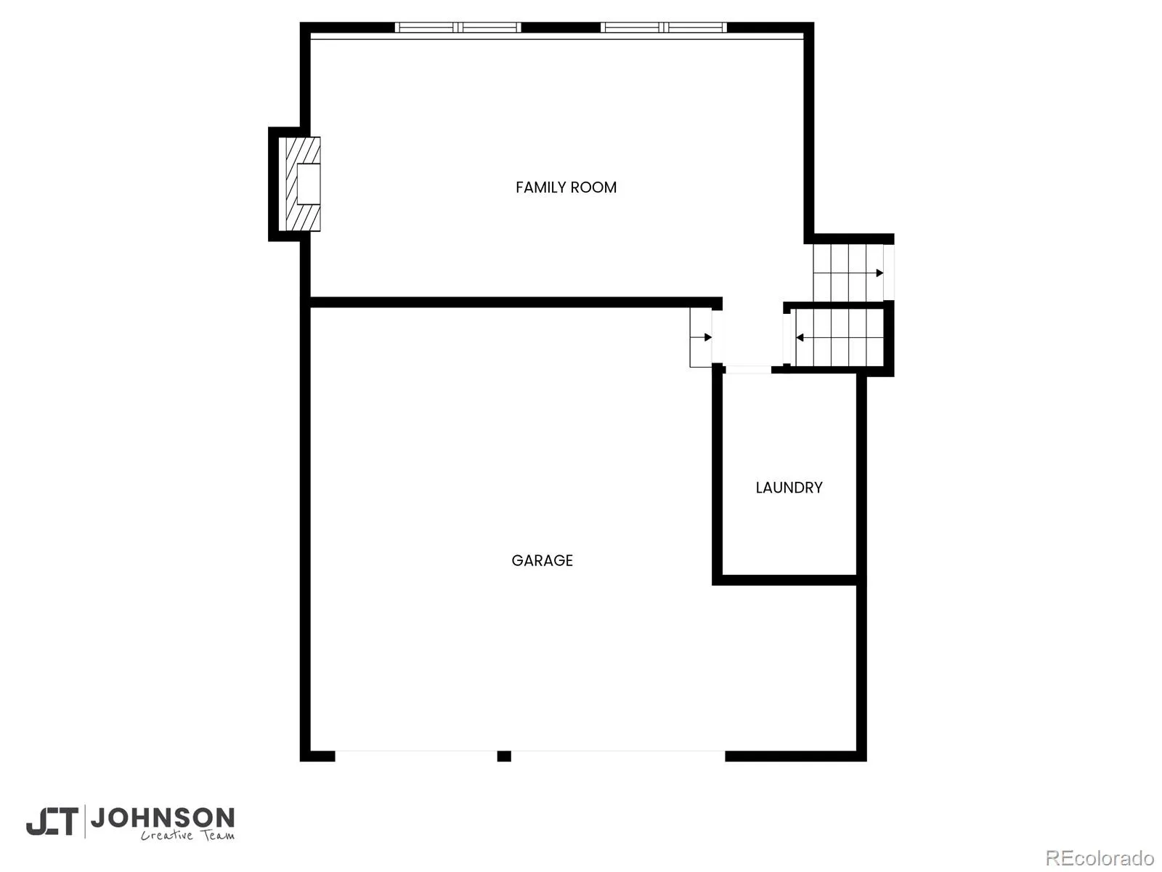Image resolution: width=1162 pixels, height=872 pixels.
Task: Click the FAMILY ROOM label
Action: pos(566,187)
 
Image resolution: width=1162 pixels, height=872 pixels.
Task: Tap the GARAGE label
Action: pos(542,560)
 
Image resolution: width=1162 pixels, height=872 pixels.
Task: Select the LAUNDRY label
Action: pos(789,488)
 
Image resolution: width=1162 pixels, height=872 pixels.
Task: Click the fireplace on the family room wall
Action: pos(300,184)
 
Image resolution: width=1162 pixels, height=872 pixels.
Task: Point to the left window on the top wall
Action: pos(458,28)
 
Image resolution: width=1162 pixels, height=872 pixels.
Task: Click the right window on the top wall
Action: pos(663,28)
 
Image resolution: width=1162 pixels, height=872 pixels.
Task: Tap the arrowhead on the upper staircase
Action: pos(879,273)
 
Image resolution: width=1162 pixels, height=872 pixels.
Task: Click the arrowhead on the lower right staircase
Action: pos(800,337)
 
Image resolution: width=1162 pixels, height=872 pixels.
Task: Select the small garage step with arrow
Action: pos(700,337)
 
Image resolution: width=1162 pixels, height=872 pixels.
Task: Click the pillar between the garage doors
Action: pos(504,756)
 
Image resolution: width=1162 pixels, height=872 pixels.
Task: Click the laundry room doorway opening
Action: pos(747,370)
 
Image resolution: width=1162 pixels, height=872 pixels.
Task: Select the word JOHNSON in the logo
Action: pos(163,818)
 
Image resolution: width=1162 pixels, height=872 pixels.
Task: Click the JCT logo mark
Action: pos(52,821)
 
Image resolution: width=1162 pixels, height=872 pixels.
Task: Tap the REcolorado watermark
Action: pos(1100,857)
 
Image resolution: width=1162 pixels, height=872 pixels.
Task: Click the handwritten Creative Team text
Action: pos(187,836)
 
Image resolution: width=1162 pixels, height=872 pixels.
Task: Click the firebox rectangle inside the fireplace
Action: pos(309,184)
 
